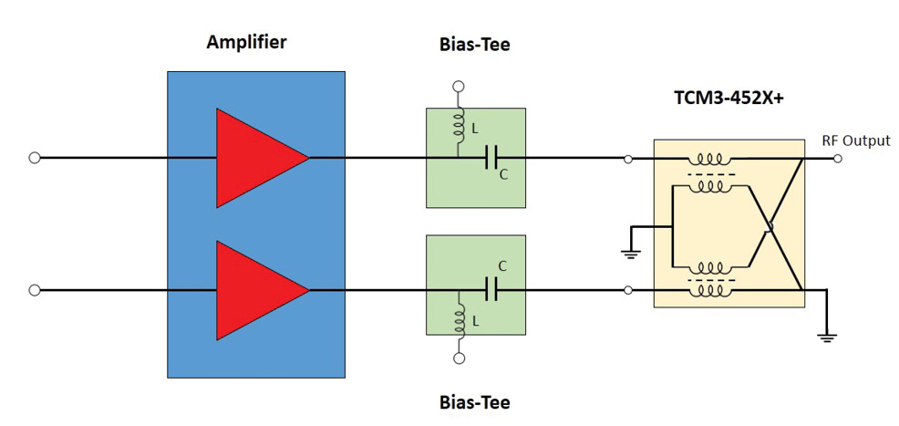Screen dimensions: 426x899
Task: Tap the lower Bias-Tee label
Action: click(474, 402)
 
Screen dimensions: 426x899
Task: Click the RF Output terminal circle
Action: click(838, 158)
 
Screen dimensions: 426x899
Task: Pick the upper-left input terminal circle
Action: click(35, 158)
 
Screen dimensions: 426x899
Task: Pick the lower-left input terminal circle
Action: click(35, 290)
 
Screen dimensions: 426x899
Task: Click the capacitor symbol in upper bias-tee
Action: click(491, 158)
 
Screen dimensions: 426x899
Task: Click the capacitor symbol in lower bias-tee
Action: click(491, 290)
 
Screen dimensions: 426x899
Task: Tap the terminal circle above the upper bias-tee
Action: click(460, 87)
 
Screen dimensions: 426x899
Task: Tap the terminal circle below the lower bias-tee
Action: click(460, 358)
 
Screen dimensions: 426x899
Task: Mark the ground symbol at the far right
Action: click(827, 336)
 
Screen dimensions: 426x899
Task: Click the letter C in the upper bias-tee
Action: click(502, 175)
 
